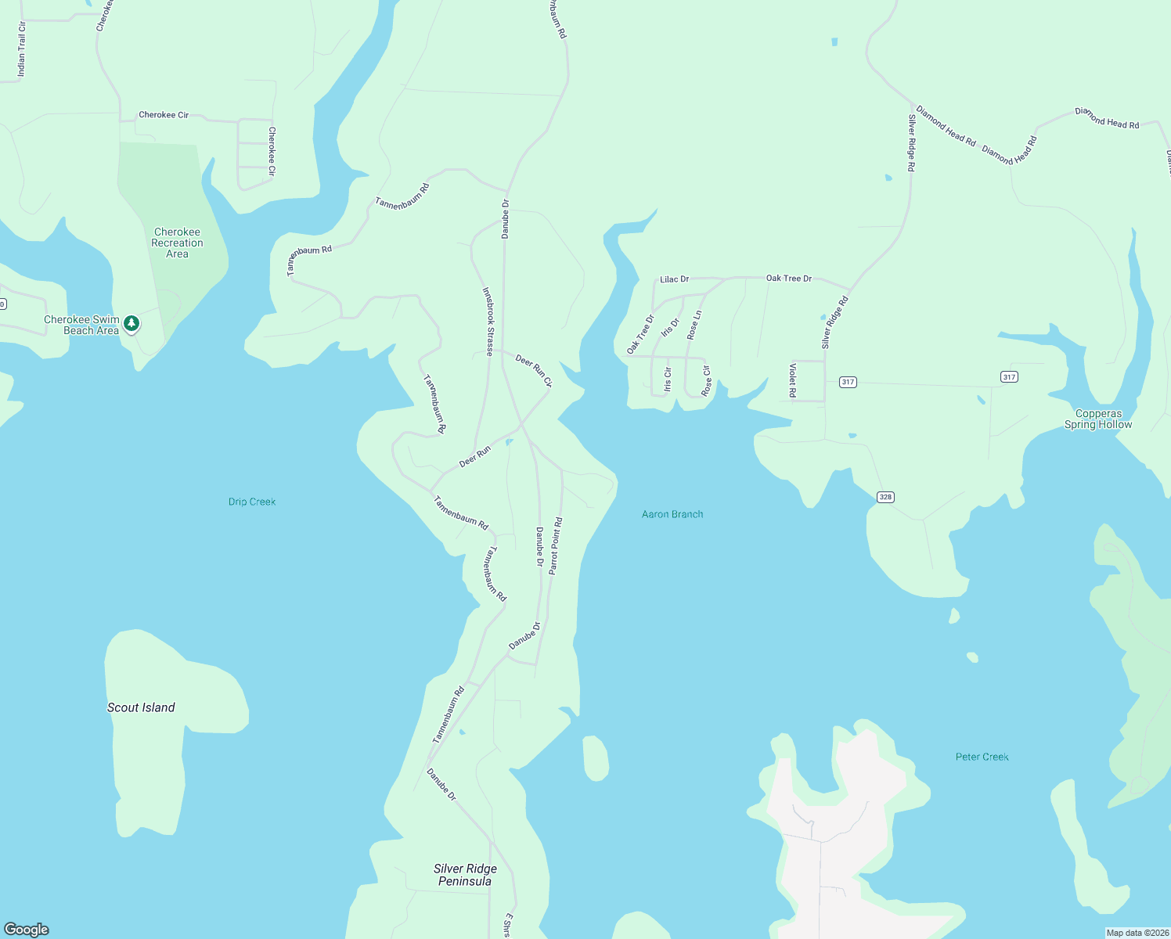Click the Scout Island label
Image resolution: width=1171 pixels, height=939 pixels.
pos(141,707)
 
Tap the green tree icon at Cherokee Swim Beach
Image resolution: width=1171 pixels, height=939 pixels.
pos(132,323)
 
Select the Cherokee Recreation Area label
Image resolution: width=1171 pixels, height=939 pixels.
pos(177,243)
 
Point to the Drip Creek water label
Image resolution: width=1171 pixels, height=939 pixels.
pos(252,502)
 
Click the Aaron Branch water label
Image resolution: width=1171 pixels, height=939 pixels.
pos(672,514)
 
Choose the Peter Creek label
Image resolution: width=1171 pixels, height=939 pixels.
pos(982,757)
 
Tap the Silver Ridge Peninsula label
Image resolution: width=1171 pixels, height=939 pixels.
pos(465,875)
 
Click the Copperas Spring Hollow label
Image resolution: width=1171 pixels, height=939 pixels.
pos(1098,419)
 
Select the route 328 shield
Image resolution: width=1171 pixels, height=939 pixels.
pos(885,497)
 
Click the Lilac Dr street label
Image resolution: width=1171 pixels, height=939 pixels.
pos(674,279)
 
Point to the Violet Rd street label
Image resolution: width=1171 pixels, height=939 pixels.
pos(793,380)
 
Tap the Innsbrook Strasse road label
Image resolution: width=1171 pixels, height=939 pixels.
pos(488,322)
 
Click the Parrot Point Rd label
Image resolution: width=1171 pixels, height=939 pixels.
pos(555,546)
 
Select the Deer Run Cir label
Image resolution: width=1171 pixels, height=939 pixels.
pos(534,371)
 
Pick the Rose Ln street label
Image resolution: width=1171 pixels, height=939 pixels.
pos(694,325)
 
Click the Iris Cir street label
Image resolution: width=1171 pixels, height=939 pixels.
pos(668,380)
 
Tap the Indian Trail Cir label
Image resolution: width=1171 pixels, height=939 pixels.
pos(22,49)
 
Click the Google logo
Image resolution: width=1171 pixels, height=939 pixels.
pos(27,929)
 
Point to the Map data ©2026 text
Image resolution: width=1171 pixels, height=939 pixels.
pos(1137,933)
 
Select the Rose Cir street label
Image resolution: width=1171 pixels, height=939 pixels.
pos(706,380)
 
